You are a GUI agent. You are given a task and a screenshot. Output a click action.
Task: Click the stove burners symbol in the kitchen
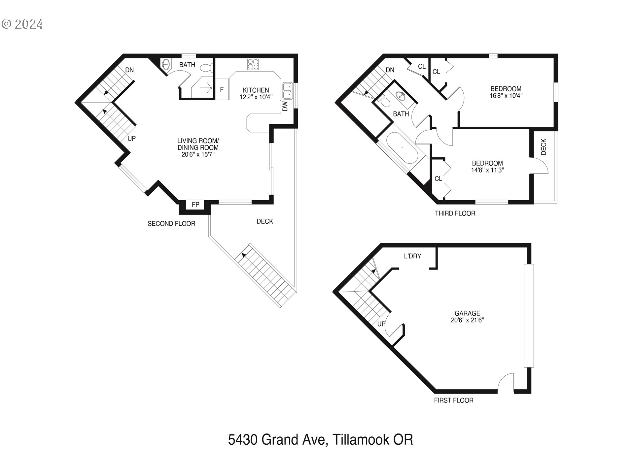point(254,64)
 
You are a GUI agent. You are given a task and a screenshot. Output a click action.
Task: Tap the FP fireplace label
point(195,205)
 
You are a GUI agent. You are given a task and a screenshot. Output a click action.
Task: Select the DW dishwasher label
point(285,106)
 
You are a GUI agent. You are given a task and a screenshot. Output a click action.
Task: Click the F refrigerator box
point(222,89)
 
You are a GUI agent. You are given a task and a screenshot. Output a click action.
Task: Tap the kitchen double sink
point(287,90)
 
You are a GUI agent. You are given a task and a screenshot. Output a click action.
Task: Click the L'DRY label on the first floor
point(412,256)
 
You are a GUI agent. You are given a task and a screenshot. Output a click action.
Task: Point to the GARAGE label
point(467,313)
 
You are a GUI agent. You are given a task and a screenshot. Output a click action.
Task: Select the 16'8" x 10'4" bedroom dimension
point(506,96)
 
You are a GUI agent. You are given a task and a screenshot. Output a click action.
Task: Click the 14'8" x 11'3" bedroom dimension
point(487,170)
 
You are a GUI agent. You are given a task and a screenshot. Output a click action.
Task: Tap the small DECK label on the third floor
point(544,147)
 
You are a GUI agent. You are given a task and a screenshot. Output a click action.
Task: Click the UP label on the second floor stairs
point(131,139)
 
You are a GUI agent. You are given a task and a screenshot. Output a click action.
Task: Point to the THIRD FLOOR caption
point(455,213)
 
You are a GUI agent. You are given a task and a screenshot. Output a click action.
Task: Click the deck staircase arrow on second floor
point(244,255)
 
